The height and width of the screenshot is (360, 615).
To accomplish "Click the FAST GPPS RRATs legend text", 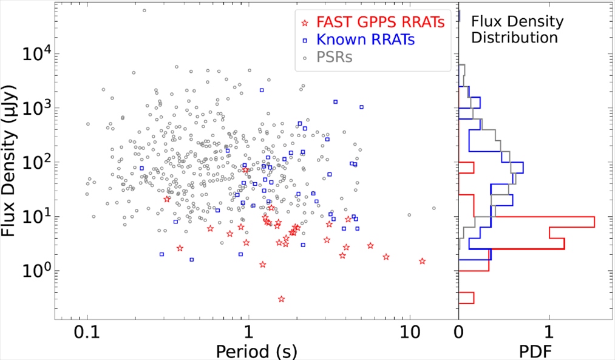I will coord(381,23).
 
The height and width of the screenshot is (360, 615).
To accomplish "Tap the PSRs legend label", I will coord(336,58).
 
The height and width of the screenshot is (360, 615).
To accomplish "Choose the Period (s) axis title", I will coord(248,350).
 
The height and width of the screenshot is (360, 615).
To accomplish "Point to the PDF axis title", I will coord(534,350).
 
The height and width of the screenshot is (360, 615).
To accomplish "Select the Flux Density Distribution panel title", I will coord(517,30).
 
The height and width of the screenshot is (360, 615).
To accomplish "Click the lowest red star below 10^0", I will coord(282,299).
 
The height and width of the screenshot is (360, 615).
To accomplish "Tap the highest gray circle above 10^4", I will coord(144,10).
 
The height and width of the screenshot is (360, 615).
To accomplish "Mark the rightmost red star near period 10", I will coord(422,261).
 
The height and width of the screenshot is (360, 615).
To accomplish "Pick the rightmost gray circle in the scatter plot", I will coord(434,208).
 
